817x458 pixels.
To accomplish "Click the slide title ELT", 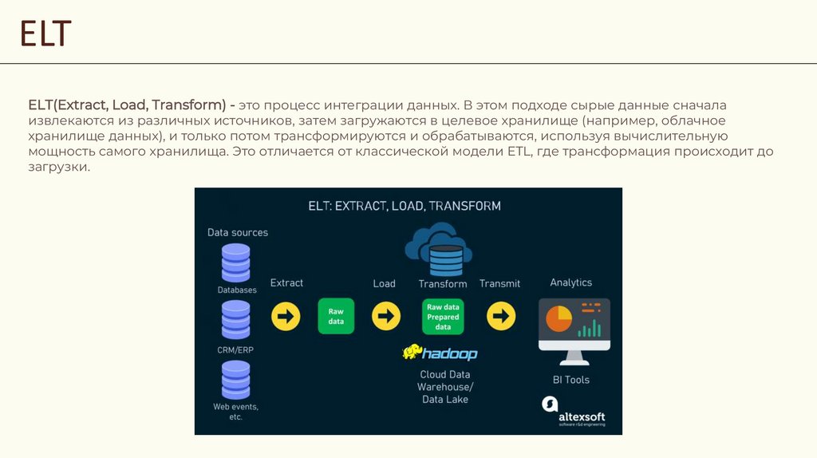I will pyautogui.click(x=45, y=34).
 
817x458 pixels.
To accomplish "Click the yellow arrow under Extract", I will pyautogui.click(x=286, y=317).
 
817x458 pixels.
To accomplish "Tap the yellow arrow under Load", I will pyautogui.click(x=386, y=317).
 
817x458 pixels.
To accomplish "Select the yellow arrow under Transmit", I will pyautogui.click(x=501, y=317).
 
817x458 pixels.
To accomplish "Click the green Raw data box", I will pyautogui.click(x=336, y=316).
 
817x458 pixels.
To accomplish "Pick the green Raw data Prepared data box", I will pyautogui.click(x=443, y=317).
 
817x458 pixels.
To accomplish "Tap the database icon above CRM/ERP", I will pyautogui.click(x=235, y=320).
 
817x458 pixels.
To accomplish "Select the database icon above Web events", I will pyautogui.click(x=235, y=380).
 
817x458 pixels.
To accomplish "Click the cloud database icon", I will pyautogui.click(x=438, y=247).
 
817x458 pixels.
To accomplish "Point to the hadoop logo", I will pyautogui.click(x=440, y=353).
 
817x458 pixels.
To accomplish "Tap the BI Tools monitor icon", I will pyautogui.click(x=574, y=326).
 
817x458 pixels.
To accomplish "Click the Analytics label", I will pyautogui.click(x=570, y=282).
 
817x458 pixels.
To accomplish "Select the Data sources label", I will pyautogui.click(x=238, y=232).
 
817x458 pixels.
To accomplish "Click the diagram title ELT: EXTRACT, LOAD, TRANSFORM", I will pyautogui.click(x=405, y=206).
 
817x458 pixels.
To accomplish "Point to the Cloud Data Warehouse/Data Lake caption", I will pyautogui.click(x=444, y=386).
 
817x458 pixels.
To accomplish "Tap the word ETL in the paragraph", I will pyautogui.click(x=519, y=152).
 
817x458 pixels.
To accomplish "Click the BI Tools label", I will pyautogui.click(x=571, y=380).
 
